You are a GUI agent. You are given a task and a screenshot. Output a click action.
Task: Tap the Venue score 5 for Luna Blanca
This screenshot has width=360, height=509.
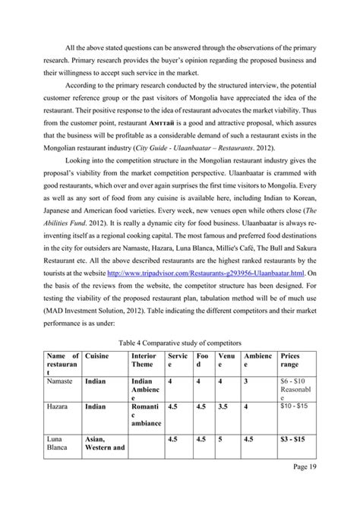pyautogui.click(x=219, y=460)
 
